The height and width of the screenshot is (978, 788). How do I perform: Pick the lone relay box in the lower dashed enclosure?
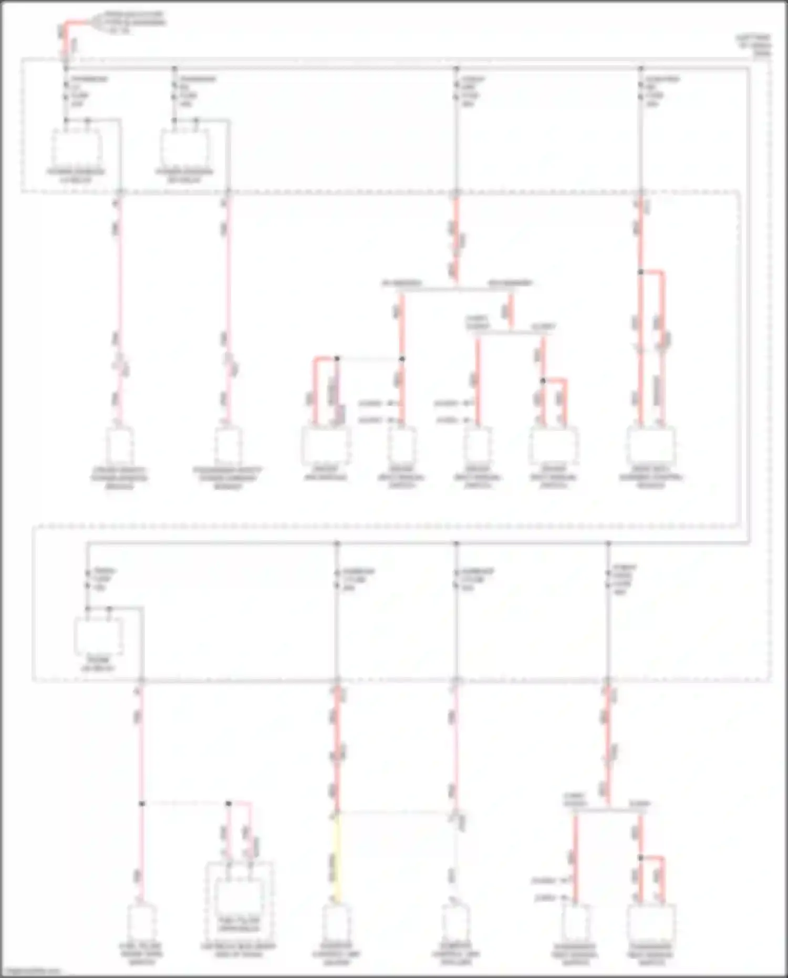(x=99, y=636)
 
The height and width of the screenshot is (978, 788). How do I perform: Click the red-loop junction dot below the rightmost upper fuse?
(x=640, y=272)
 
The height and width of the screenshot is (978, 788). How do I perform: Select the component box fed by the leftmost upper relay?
(x=120, y=447)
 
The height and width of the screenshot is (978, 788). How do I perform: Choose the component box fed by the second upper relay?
(x=227, y=447)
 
